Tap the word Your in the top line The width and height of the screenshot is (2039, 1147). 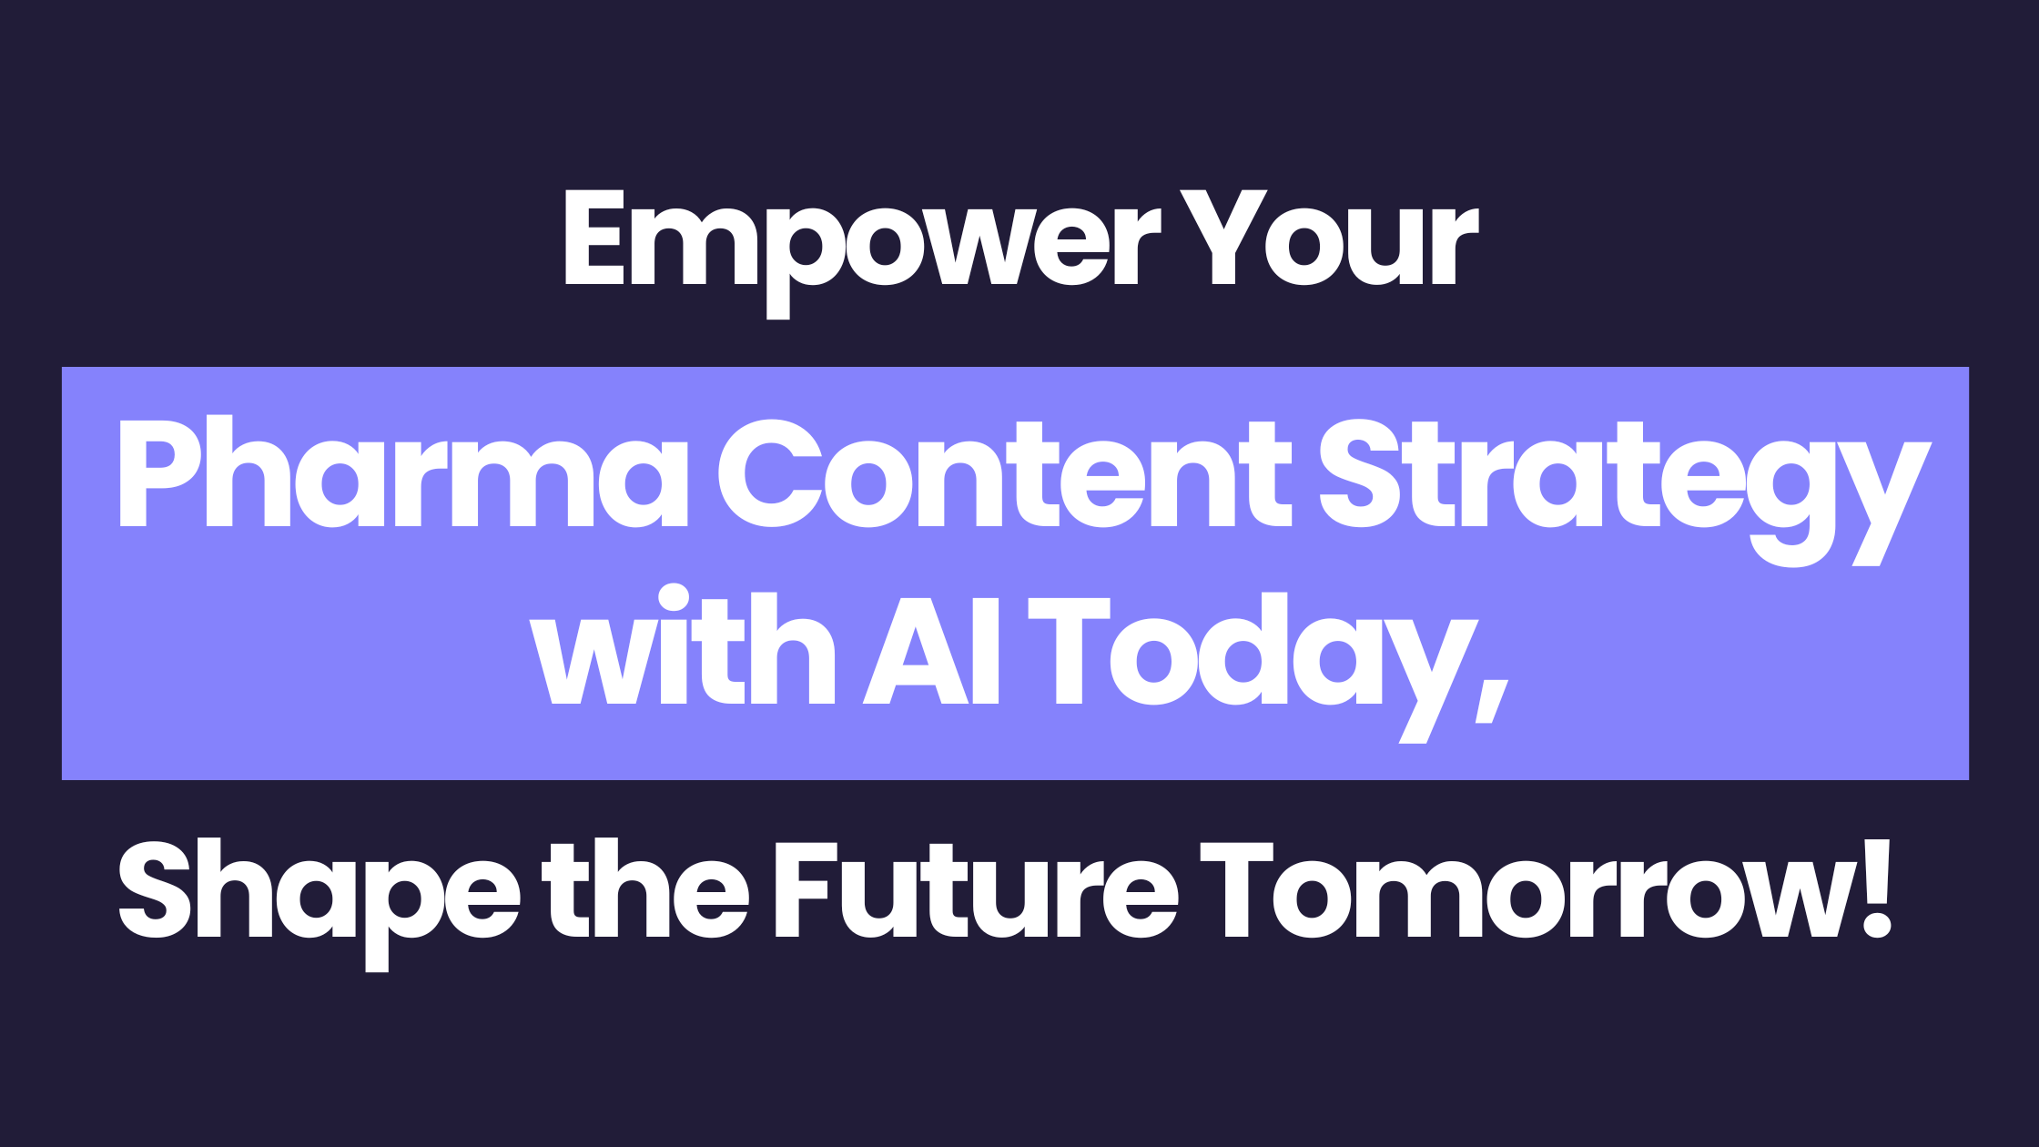click(x=1329, y=238)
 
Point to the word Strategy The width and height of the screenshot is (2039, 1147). click(x=1625, y=492)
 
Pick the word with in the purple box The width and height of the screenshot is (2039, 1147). click(x=683, y=645)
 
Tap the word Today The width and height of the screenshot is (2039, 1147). click(x=1253, y=668)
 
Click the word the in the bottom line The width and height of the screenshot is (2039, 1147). click(x=645, y=888)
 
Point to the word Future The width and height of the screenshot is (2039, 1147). click(x=977, y=890)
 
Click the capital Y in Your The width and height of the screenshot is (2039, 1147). click(x=1224, y=238)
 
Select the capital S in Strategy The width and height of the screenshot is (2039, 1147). click(x=1359, y=473)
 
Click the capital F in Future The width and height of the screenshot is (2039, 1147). click(x=806, y=890)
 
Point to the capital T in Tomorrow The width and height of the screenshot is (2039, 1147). click(x=1236, y=889)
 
